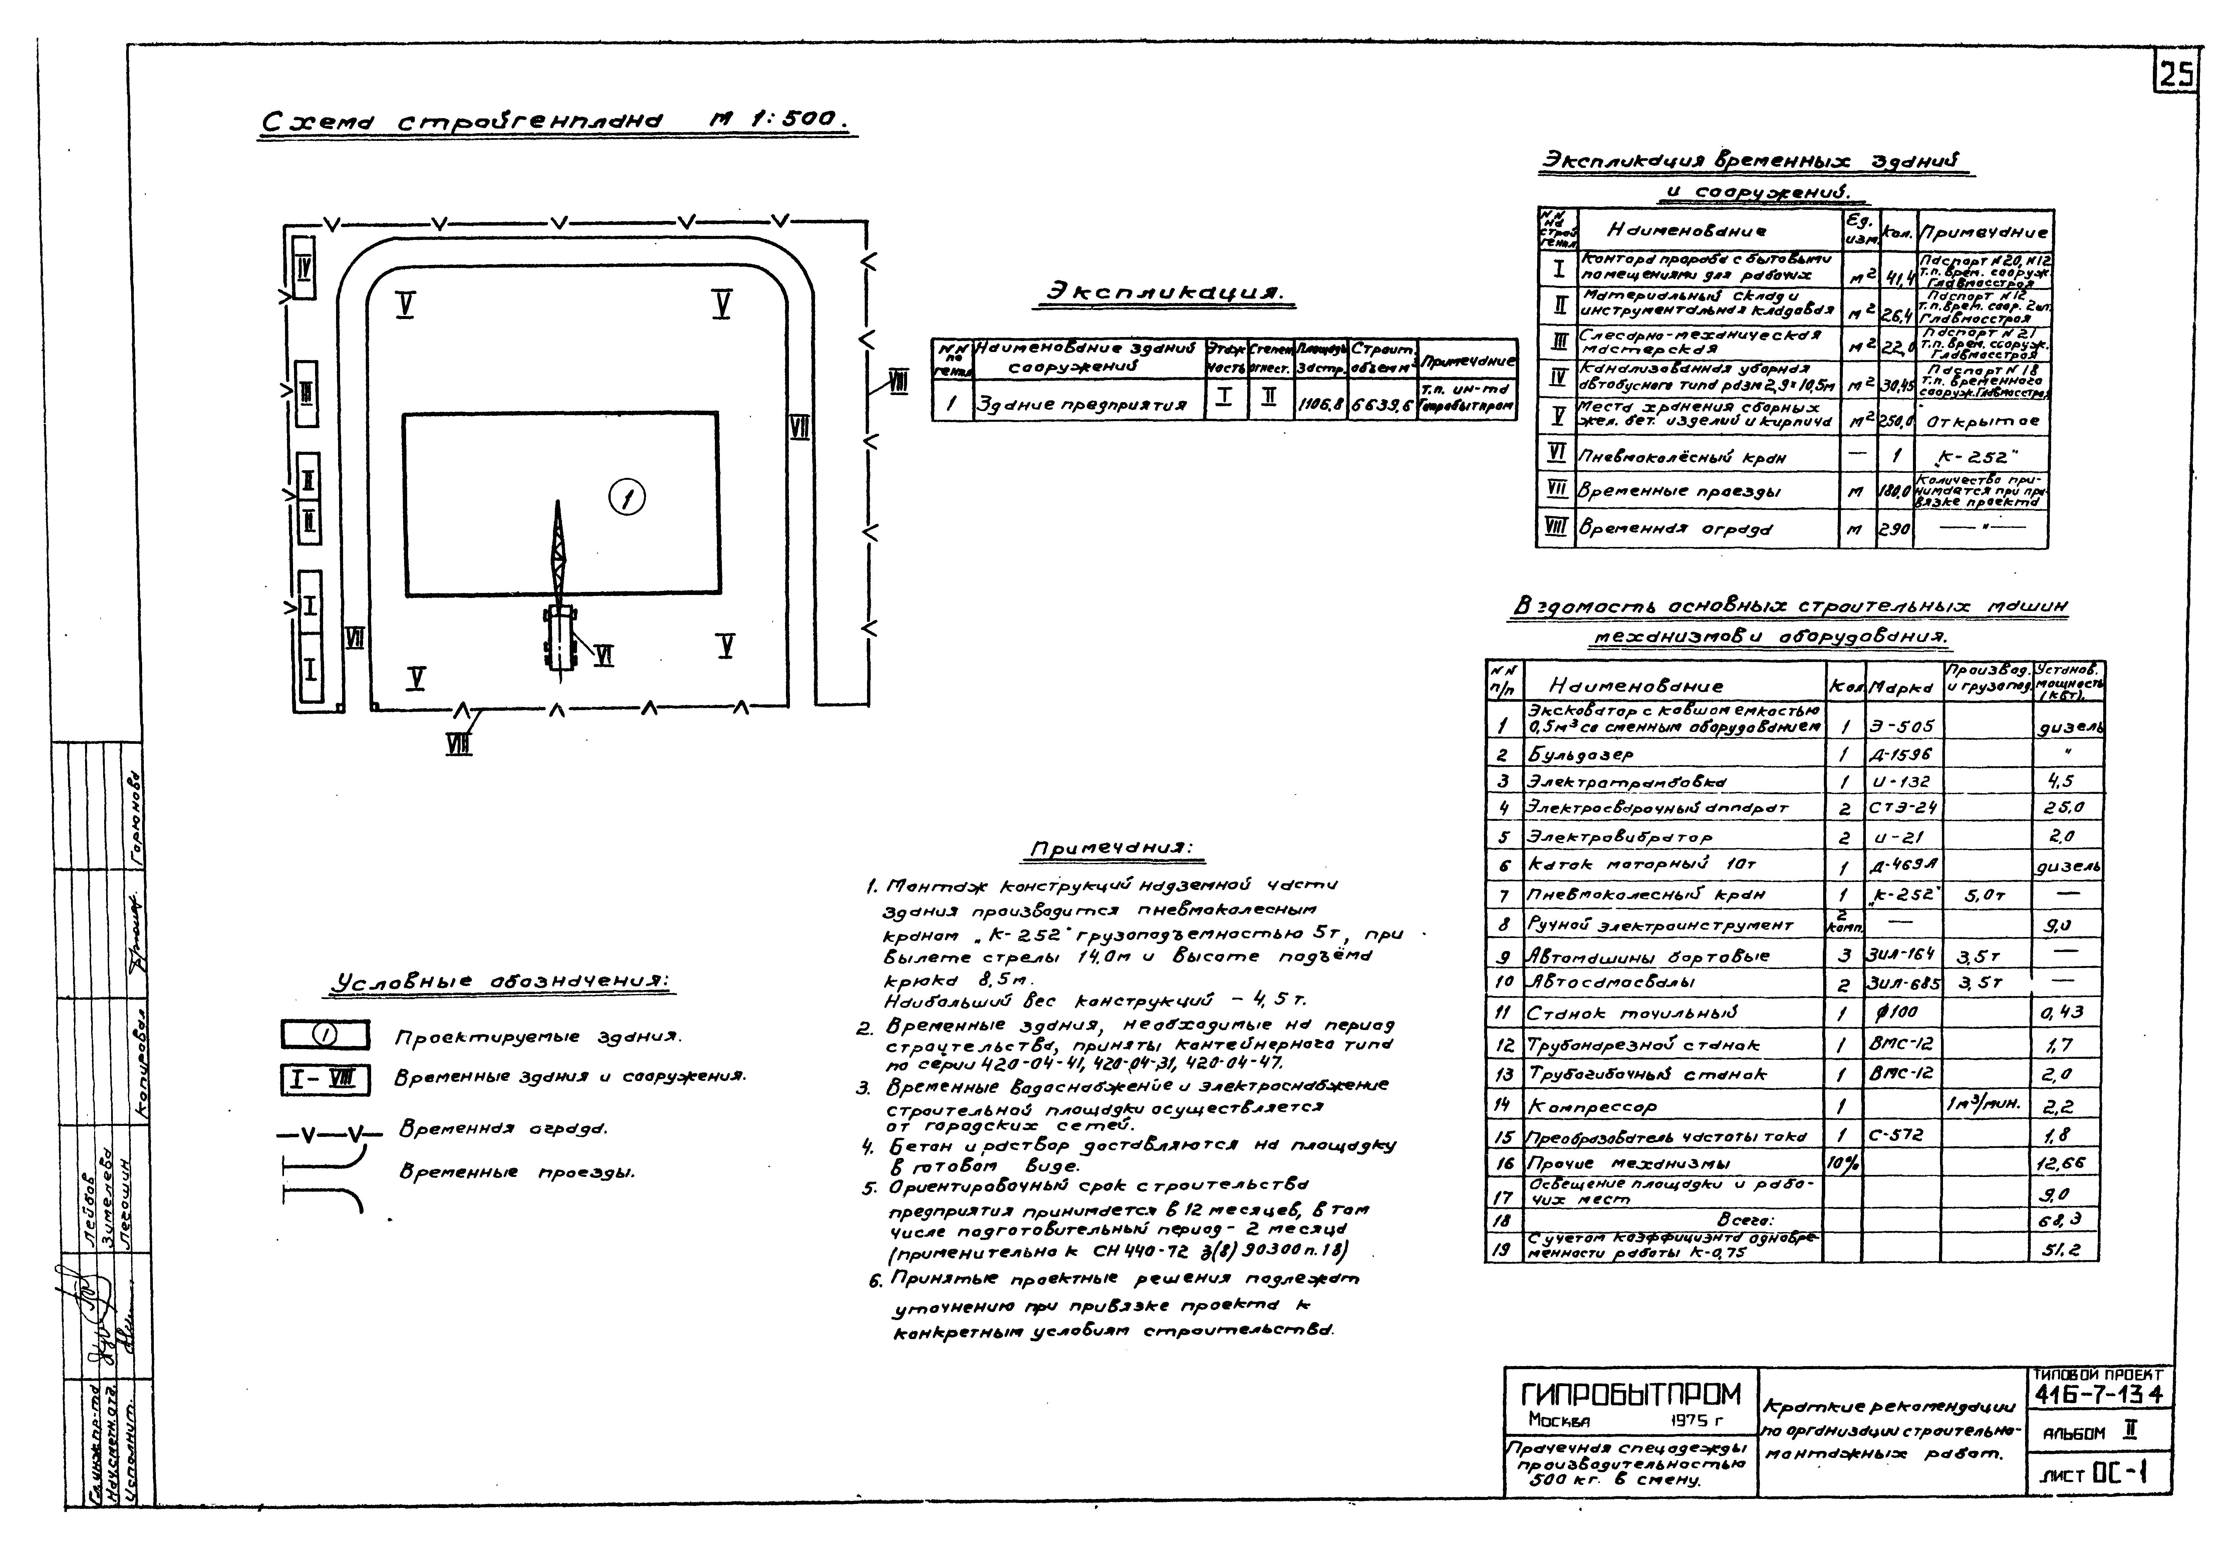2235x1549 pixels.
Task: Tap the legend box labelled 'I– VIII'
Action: point(325,1079)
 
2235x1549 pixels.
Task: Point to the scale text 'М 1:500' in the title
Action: point(777,120)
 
